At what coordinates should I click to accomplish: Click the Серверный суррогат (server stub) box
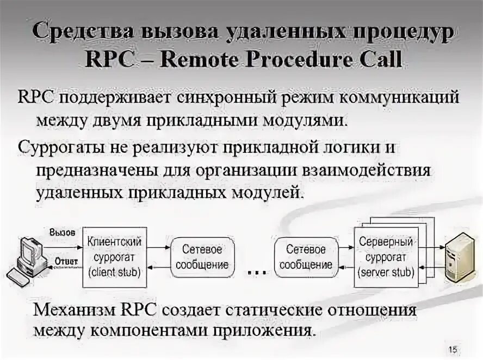tap(386, 256)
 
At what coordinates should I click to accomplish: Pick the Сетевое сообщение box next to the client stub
tap(201, 258)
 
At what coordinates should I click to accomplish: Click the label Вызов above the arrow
tap(62, 232)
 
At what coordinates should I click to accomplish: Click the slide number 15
tap(452, 349)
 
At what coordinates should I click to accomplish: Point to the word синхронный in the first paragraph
tap(225, 98)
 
